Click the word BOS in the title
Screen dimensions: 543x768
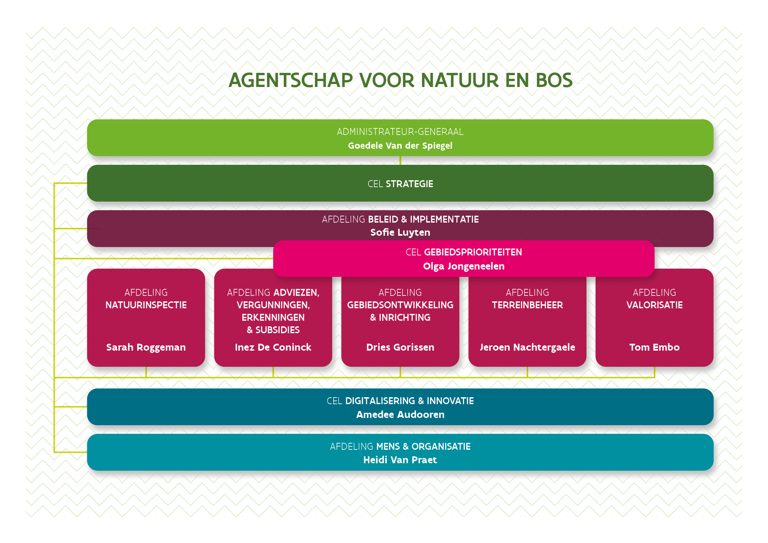[x=554, y=80]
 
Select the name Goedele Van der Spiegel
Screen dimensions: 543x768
[x=400, y=146]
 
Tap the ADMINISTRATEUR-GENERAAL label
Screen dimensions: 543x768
[x=400, y=132]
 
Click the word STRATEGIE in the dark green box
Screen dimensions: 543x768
[x=409, y=184]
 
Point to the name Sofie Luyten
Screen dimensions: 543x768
[x=400, y=232]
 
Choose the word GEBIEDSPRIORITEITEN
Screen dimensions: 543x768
[x=472, y=252]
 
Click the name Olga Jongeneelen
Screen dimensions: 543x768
[x=464, y=266]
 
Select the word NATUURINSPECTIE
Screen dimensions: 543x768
[x=146, y=305]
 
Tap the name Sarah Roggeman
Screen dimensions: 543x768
[x=146, y=347]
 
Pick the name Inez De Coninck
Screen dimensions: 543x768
[x=273, y=347]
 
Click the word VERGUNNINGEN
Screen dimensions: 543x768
[x=273, y=305]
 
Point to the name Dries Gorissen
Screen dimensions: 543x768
[x=400, y=347]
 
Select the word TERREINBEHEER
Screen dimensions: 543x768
[x=527, y=305]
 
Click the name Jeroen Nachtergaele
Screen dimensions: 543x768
[x=527, y=347]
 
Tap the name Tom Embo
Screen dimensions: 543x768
[x=654, y=347]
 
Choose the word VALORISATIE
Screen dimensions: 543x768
[x=654, y=305]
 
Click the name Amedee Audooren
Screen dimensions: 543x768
[x=400, y=415]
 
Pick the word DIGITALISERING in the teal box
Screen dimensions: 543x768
[x=380, y=401]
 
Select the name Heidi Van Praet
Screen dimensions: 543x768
[x=400, y=460]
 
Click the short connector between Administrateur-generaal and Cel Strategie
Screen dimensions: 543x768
[x=400, y=161]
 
